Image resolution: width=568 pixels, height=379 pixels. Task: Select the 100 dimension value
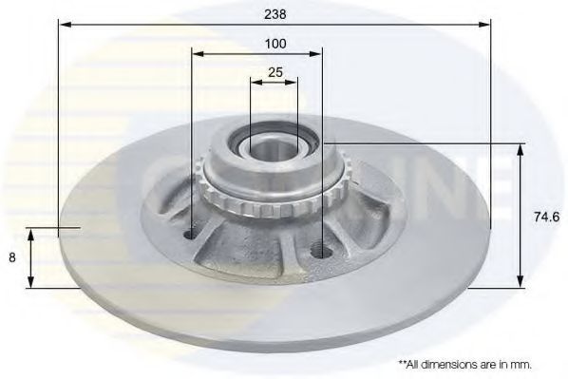(275, 44)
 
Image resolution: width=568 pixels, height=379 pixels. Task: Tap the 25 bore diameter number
(275, 73)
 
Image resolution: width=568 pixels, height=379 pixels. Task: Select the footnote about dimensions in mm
(465, 364)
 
